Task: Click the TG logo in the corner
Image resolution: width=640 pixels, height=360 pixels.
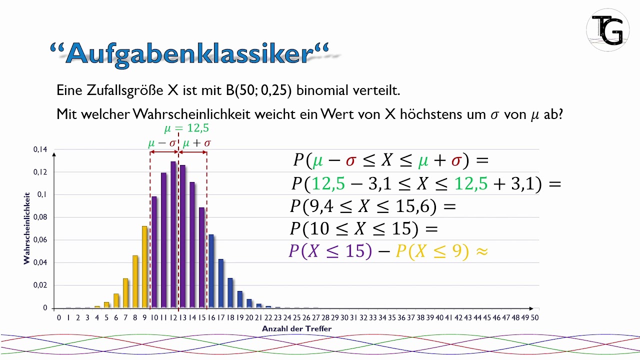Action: tap(607, 30)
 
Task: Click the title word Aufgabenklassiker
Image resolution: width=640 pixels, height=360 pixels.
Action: tap(190, 52)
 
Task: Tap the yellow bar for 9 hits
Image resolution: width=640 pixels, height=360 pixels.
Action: tap(144, 267)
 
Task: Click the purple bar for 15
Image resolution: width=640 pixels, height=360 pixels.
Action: tap(202, 257)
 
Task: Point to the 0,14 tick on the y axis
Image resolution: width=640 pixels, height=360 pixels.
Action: tap(40, 149)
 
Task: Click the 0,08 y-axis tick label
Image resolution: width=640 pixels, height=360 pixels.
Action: tap(40, 217)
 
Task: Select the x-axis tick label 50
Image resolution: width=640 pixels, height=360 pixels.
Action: tap(534, 317)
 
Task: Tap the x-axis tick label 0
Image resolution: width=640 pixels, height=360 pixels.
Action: tap(59, 317)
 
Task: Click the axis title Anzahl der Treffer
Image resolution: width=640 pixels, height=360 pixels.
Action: tap(296, 328)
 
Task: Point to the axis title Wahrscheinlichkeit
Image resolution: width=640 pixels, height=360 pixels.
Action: tap(26, 227)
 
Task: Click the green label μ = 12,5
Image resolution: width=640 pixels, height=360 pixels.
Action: tap(186, 129)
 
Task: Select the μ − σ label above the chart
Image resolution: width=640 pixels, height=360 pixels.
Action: tap(162, 143)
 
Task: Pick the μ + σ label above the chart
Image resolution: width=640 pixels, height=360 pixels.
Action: tap(196, 143)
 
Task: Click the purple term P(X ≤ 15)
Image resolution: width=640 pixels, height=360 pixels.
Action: tap(330, 250)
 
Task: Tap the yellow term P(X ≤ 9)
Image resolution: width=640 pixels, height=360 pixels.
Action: tap(432, 250)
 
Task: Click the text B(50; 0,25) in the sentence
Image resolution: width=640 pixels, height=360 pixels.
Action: tap(260, 90)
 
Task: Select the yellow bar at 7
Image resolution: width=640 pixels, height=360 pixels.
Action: tap(125, 293)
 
